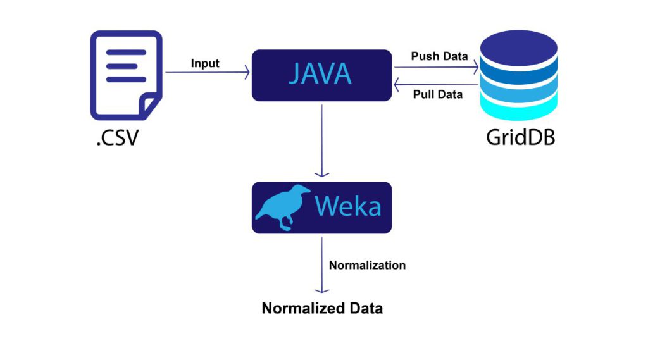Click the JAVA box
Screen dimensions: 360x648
click(x=321, y=75)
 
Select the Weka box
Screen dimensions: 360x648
click(x=321, y=208)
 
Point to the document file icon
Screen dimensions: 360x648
click(x=125, y=75)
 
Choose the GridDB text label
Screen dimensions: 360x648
click(x=520, y=137)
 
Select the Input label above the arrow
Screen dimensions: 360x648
click(x=205, y=63)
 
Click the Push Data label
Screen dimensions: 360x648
click(x=439, y=56)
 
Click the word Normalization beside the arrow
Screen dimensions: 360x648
click(x=367, y=265)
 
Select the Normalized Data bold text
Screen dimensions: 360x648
click(x=322, y=309)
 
